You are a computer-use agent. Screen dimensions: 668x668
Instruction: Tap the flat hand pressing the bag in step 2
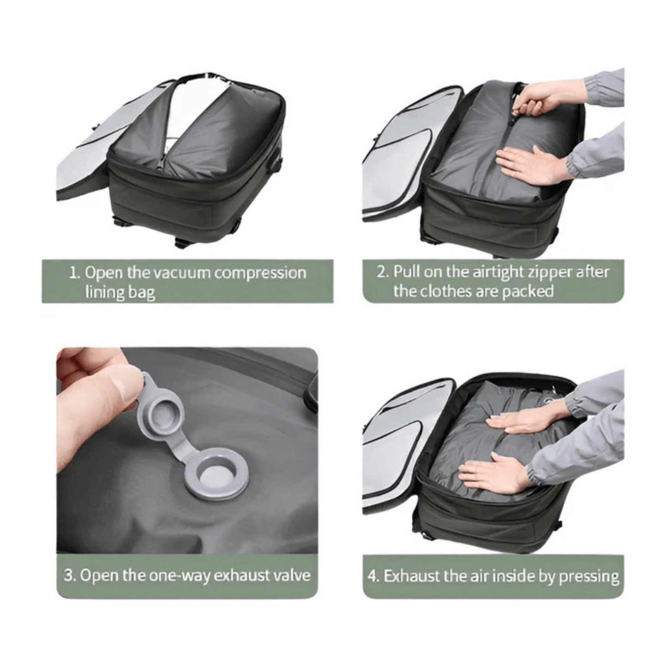point(534,165)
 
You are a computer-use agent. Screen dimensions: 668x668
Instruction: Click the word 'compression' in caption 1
point(260,274)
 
